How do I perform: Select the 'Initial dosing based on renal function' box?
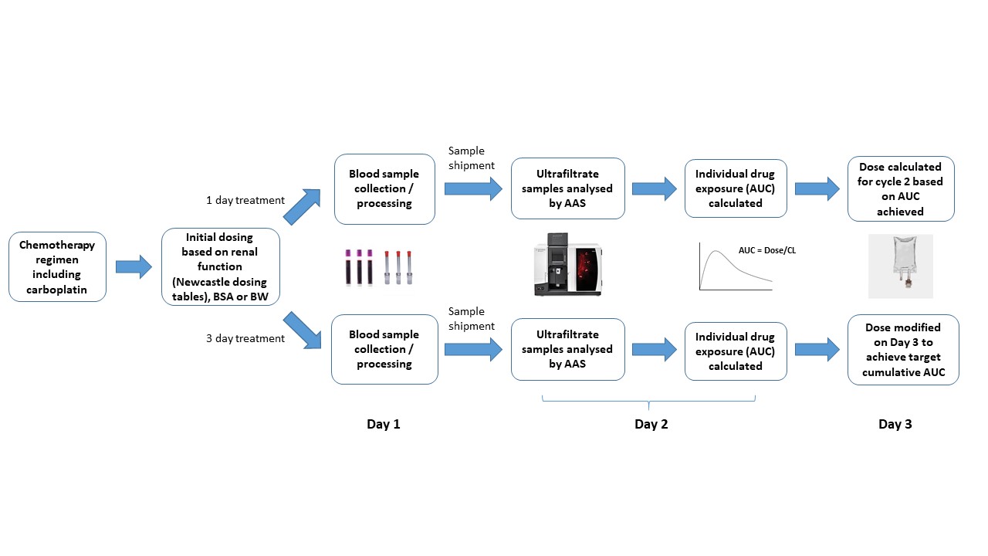point(221,266)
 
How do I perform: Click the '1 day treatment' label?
point(245,200)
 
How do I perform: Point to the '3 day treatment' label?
point(245,338)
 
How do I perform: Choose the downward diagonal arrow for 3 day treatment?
point(303,329)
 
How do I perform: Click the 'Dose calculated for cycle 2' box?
point(900,188)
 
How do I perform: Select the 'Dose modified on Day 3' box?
point(903,350)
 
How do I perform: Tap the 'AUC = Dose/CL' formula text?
point(767,249)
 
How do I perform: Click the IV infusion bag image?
point(900,265)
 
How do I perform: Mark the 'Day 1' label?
point(384,424)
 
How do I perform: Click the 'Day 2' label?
point(651,424)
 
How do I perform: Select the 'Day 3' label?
point(895,424)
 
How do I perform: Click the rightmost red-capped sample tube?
point(409,267)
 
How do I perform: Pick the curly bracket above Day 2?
point(648,402)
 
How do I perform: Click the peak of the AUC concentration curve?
point(718,252)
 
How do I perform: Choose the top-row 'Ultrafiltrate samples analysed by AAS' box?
point(567,188)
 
